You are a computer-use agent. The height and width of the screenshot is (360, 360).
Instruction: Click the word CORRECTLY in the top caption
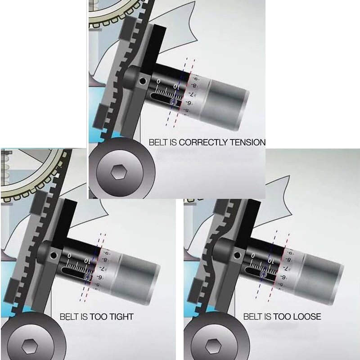pyautogui.click(x=203, y=143)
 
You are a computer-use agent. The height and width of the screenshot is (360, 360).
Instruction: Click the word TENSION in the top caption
pyautogui.click(x=247, y=143)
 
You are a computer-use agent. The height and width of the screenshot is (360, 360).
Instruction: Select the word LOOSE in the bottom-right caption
pyautogui.click(x=306, y=317)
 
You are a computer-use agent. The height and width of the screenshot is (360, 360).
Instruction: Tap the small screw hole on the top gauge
pyautogui.click(x=143, y=81)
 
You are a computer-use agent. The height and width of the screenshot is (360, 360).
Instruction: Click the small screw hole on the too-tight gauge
pyautogui.click(x=54, y=256)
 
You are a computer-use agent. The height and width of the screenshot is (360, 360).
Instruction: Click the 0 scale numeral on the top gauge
pyautogui.click(x=158, y=81)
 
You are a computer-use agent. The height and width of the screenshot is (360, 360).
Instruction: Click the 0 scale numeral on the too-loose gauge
pyautogui.click(x=252, y=256)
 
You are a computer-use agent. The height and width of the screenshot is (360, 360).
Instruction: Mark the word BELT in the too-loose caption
pyautogui.click(x=253, y=317)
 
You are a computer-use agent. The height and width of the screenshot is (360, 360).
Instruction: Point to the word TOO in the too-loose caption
pyautogui.click(x=282, y=317)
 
